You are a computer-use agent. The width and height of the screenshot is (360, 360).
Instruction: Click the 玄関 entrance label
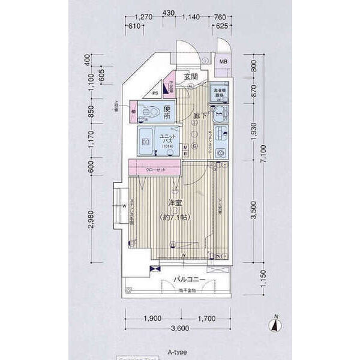click(191, 77)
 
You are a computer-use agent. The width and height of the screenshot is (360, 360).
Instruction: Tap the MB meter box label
click(223, 62)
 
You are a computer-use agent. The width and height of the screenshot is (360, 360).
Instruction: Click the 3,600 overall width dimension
click(180, 328)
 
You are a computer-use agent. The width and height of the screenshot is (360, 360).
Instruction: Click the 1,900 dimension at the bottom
click(152, 319)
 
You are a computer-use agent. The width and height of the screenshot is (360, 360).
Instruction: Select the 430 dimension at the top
click(168, 17)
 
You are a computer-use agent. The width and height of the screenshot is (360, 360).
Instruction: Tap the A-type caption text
click(178, 349)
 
